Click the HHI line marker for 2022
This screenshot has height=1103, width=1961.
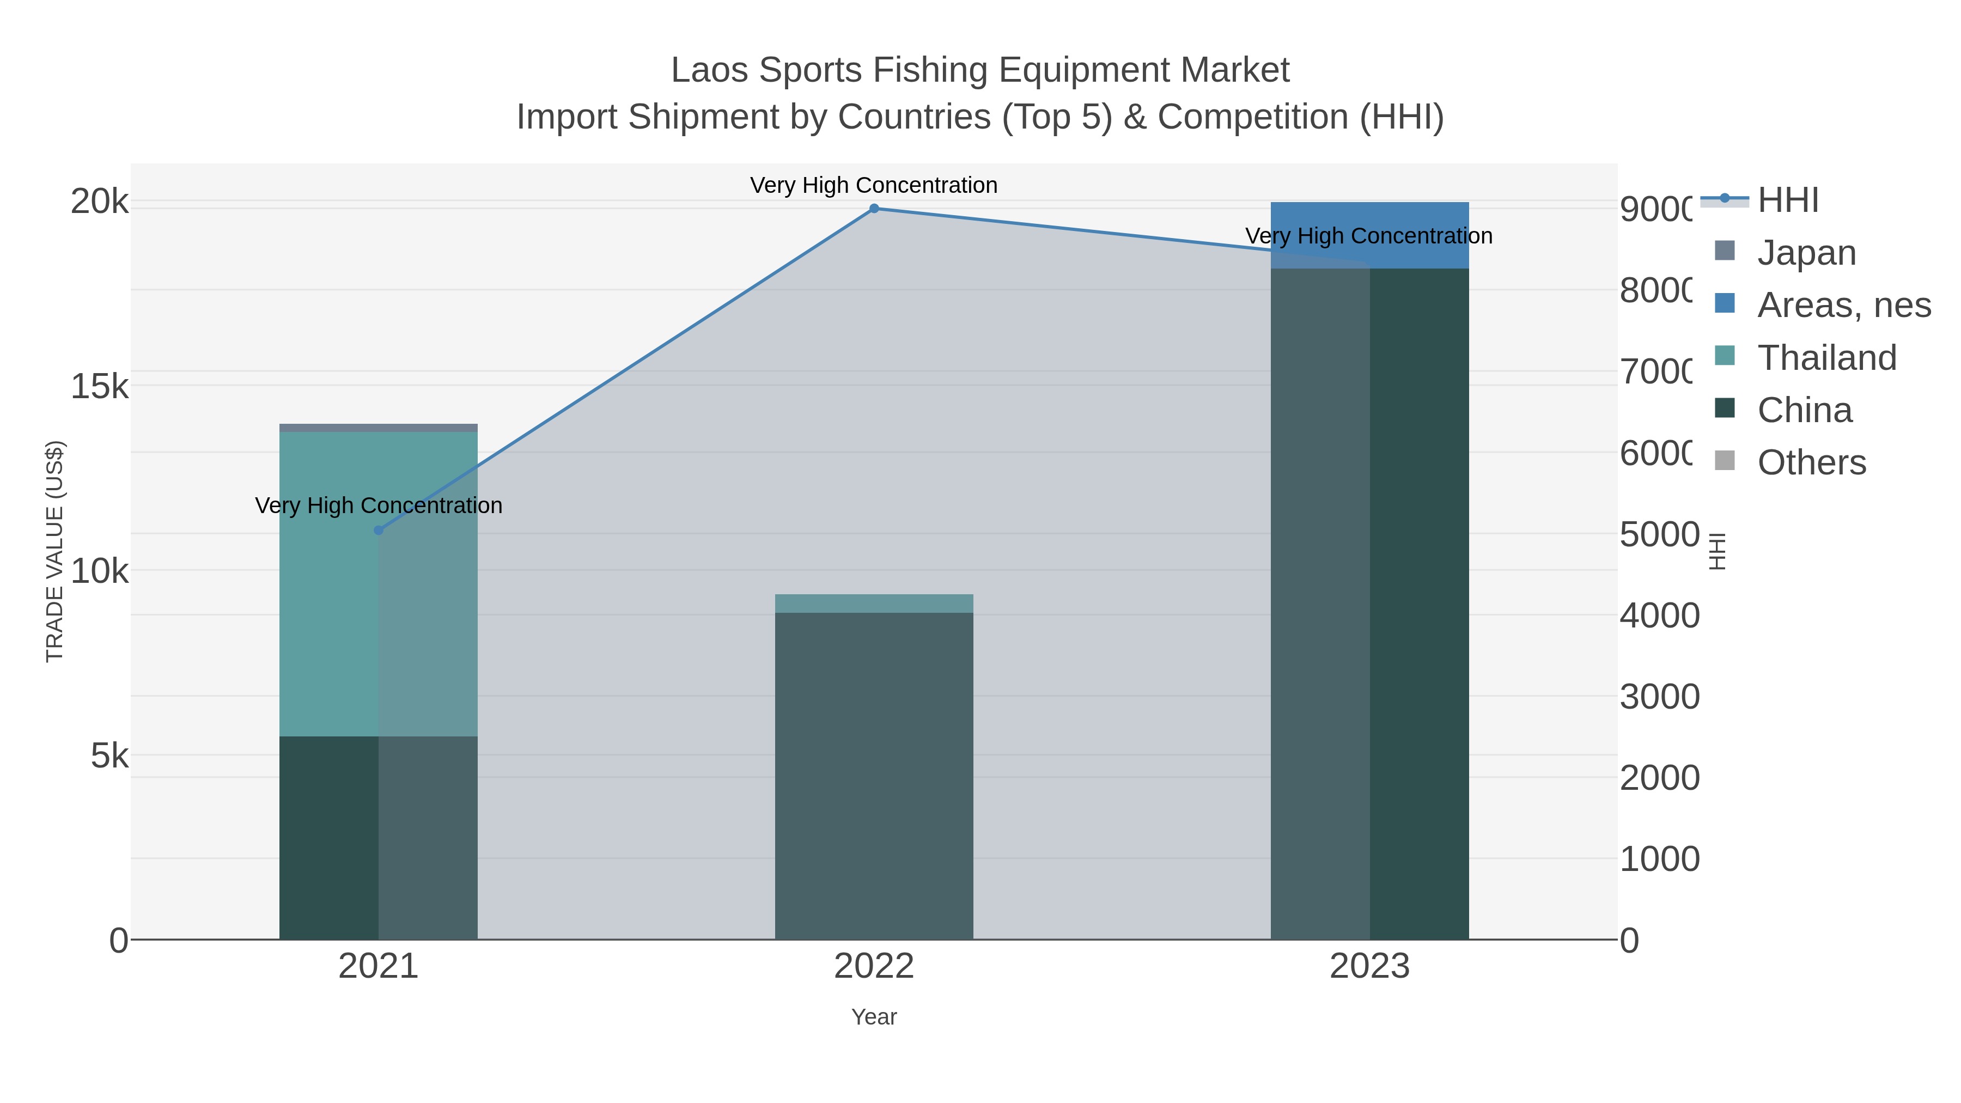pyautogui.click(x=874, y=209)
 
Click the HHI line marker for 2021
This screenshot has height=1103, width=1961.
pyautogui.click(x=379, y=530)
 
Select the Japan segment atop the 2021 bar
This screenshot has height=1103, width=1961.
pyautogui.click(x=379, y=428)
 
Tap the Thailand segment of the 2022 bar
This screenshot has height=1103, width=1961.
pyautogui.click(x=874, y=604)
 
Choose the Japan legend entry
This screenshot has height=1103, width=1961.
pyautogui.click(x=1806, y=252)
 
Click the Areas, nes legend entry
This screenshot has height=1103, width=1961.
pyautogui.click(x=1843, y=304)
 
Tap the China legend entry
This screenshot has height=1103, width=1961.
pyautogui.click(x=1804, y=410)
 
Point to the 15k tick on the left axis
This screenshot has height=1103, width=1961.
pyautogui.click(x=100, y=386)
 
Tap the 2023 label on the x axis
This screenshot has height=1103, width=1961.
pyautogui.click(x=1369, y=966)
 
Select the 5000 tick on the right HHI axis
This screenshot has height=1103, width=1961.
pyautogui.click(x=1659, y=534)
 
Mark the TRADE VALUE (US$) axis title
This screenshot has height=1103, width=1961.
pyautogui.click(x=55, y=551)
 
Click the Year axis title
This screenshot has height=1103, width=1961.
pyautogui.click(x=874, y=1016)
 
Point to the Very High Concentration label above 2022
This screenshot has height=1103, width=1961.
pyautogui.click(x=874, y=185)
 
